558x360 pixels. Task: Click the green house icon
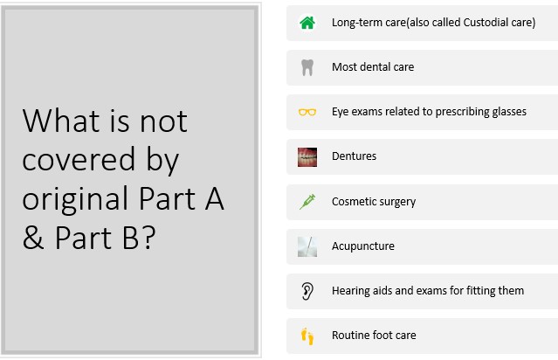(x=307, y=23)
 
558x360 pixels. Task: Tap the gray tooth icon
(x=307, y=67)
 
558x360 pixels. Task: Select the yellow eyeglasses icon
(x=307, y=112)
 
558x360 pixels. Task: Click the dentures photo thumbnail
(x=307, y=157)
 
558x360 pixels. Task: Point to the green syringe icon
(x=307, y=202)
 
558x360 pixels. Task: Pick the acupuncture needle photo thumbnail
(x=307, y=246)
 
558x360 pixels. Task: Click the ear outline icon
(x=307, y=291)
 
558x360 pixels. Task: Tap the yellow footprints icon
(x=307, y=336)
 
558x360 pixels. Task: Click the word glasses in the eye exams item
(x=509, y=112)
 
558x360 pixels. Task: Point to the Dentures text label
(x=354, y=156)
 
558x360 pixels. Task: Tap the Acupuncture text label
(x=363, y=246)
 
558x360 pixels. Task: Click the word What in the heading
(x=61, y=121)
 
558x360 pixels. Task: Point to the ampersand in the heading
(x=33, y=238)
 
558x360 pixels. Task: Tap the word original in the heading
(x=75, y=199)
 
